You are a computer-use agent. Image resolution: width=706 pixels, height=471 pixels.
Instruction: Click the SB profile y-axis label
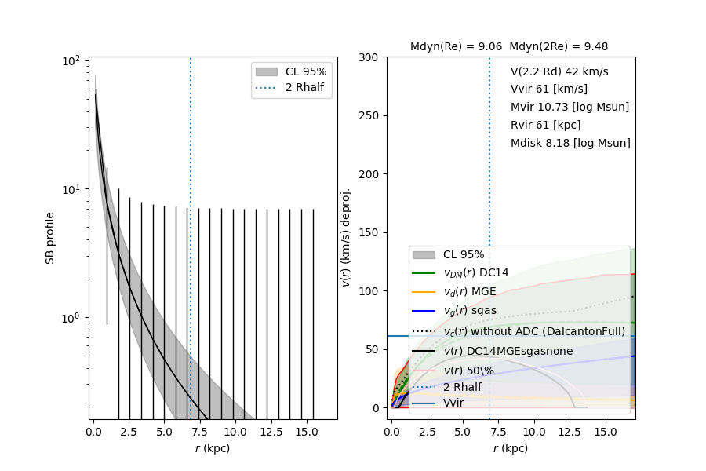(50, 238)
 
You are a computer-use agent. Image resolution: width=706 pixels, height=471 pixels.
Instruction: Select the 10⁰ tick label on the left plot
(74, 318)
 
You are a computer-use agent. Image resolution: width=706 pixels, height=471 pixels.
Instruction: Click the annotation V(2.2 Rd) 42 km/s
(559, 71)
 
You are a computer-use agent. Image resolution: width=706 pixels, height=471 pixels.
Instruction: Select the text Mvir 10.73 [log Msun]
(570, 107)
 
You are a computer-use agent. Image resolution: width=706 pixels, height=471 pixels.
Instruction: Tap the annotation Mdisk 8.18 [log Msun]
(570, 143)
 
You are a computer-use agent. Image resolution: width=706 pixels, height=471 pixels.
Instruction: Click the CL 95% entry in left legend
(306, 71)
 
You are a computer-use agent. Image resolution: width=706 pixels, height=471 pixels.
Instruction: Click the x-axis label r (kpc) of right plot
(510, 448)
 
